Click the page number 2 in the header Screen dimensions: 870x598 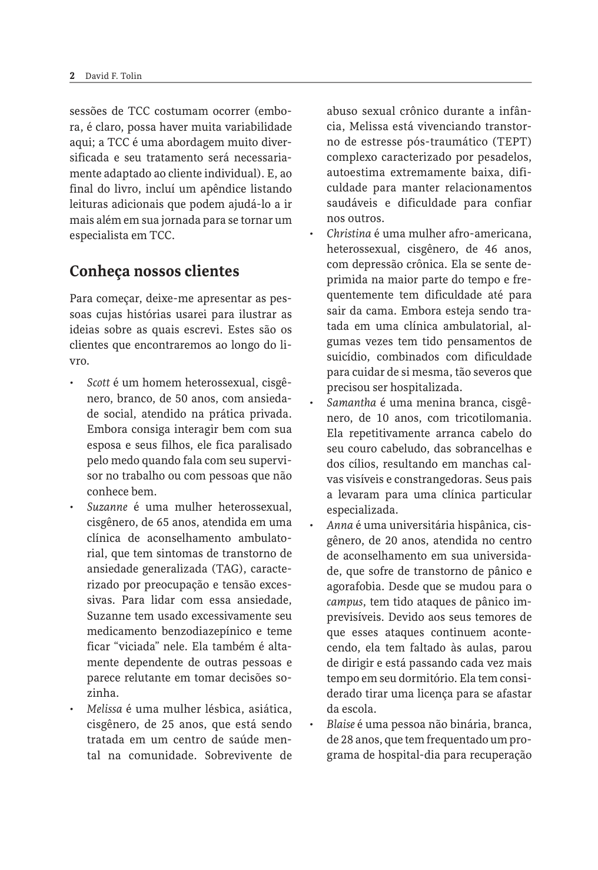point(72,75)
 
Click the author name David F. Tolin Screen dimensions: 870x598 point(114,75)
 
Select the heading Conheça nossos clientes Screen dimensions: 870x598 point(154,272)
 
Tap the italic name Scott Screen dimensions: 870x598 point(99,383)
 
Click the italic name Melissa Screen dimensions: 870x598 point(104,708)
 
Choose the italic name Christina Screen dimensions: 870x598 point(348,234)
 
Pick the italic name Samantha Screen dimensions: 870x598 point(351,403)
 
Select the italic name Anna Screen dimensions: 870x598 point(340,525)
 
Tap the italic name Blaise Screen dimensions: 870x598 point(340,724)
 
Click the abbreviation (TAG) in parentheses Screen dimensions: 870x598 point(226,568)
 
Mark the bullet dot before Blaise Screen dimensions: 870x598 point(311,724)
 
